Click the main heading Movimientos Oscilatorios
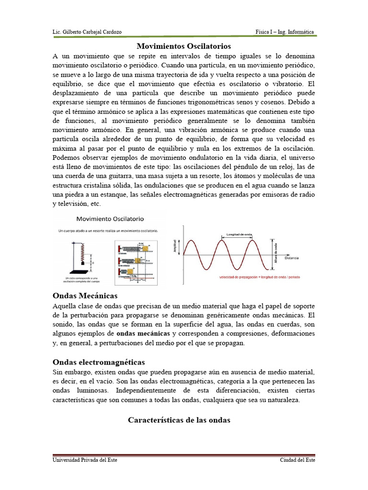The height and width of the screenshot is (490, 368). tap(184, 46)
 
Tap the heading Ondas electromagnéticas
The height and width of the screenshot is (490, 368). tap(99, 362)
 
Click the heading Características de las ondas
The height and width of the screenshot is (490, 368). tap(179, 420)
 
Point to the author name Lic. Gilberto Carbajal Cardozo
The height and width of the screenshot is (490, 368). tap(87, 32)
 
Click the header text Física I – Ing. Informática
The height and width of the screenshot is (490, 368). tap(285, 32)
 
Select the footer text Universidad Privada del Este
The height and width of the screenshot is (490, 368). tap(85, 460)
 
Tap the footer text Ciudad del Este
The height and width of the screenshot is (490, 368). tap(298, 460)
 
